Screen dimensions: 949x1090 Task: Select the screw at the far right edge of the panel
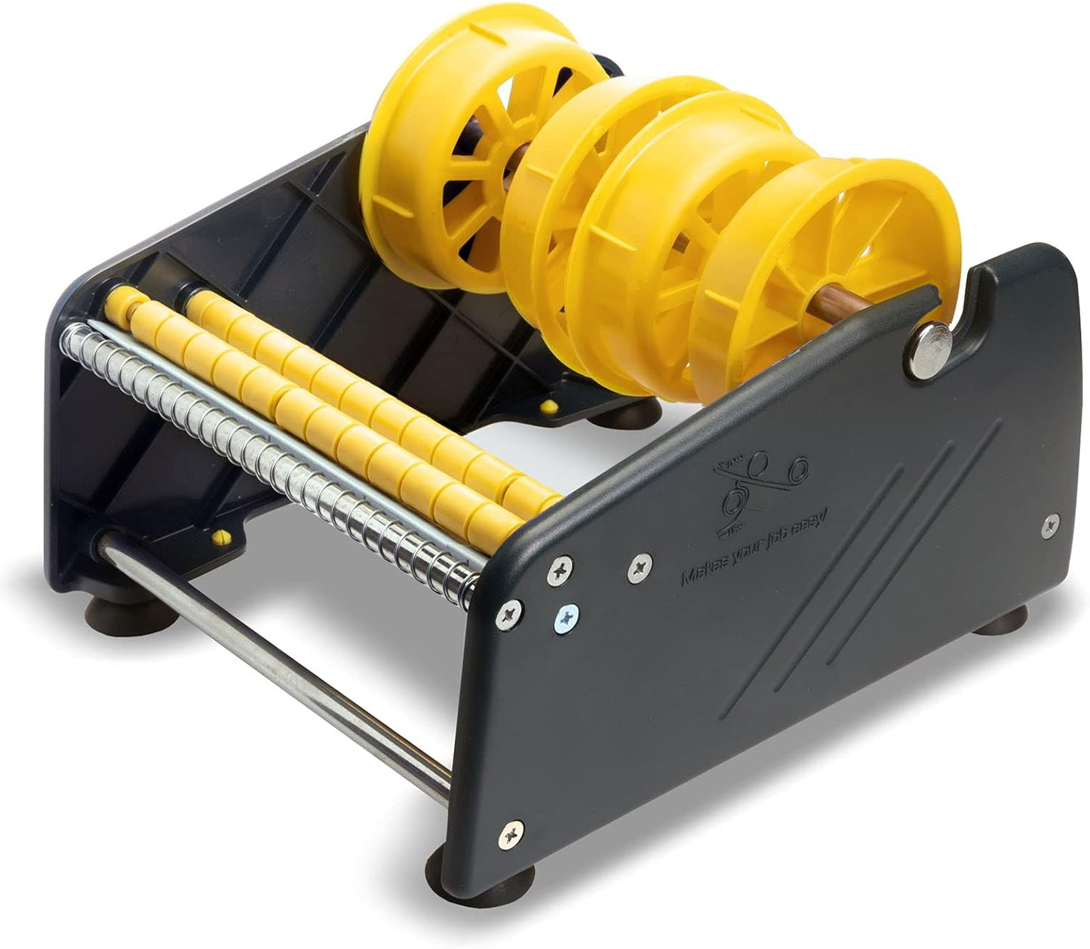pos(1049,526)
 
